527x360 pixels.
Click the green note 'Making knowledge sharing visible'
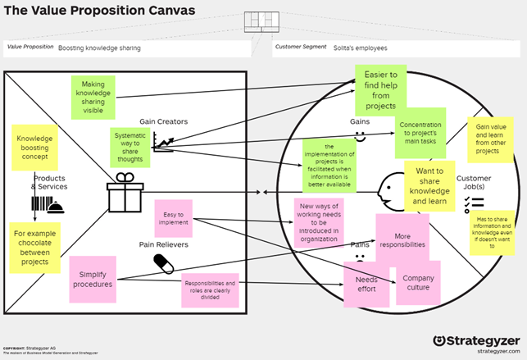pyautogui.click(x=93, y=96)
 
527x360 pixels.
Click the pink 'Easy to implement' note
pyautogui.click(x=172, y=218)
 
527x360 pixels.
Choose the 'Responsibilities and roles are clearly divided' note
pyautogui.click(x=210, y=289)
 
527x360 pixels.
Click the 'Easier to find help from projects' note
pyautogui.click(x=380, y=90)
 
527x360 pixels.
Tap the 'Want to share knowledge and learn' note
pyautogui.click(x=429, y=185)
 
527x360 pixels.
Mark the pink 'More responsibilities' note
pyautogui.click(x=402, y=239)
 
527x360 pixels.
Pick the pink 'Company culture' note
pyautogui.click(x=419, y=284)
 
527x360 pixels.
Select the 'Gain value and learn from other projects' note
pyautogui.click(x=489, y=140)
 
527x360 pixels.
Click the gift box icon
pyautogui.click(x=125, y=194)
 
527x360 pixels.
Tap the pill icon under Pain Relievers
pyautogui.click(x=165, y=262)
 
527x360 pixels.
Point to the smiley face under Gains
pyautogui.click(x=360, y=139)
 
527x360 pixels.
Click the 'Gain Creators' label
pyautogui.click(x=164, y=122)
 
